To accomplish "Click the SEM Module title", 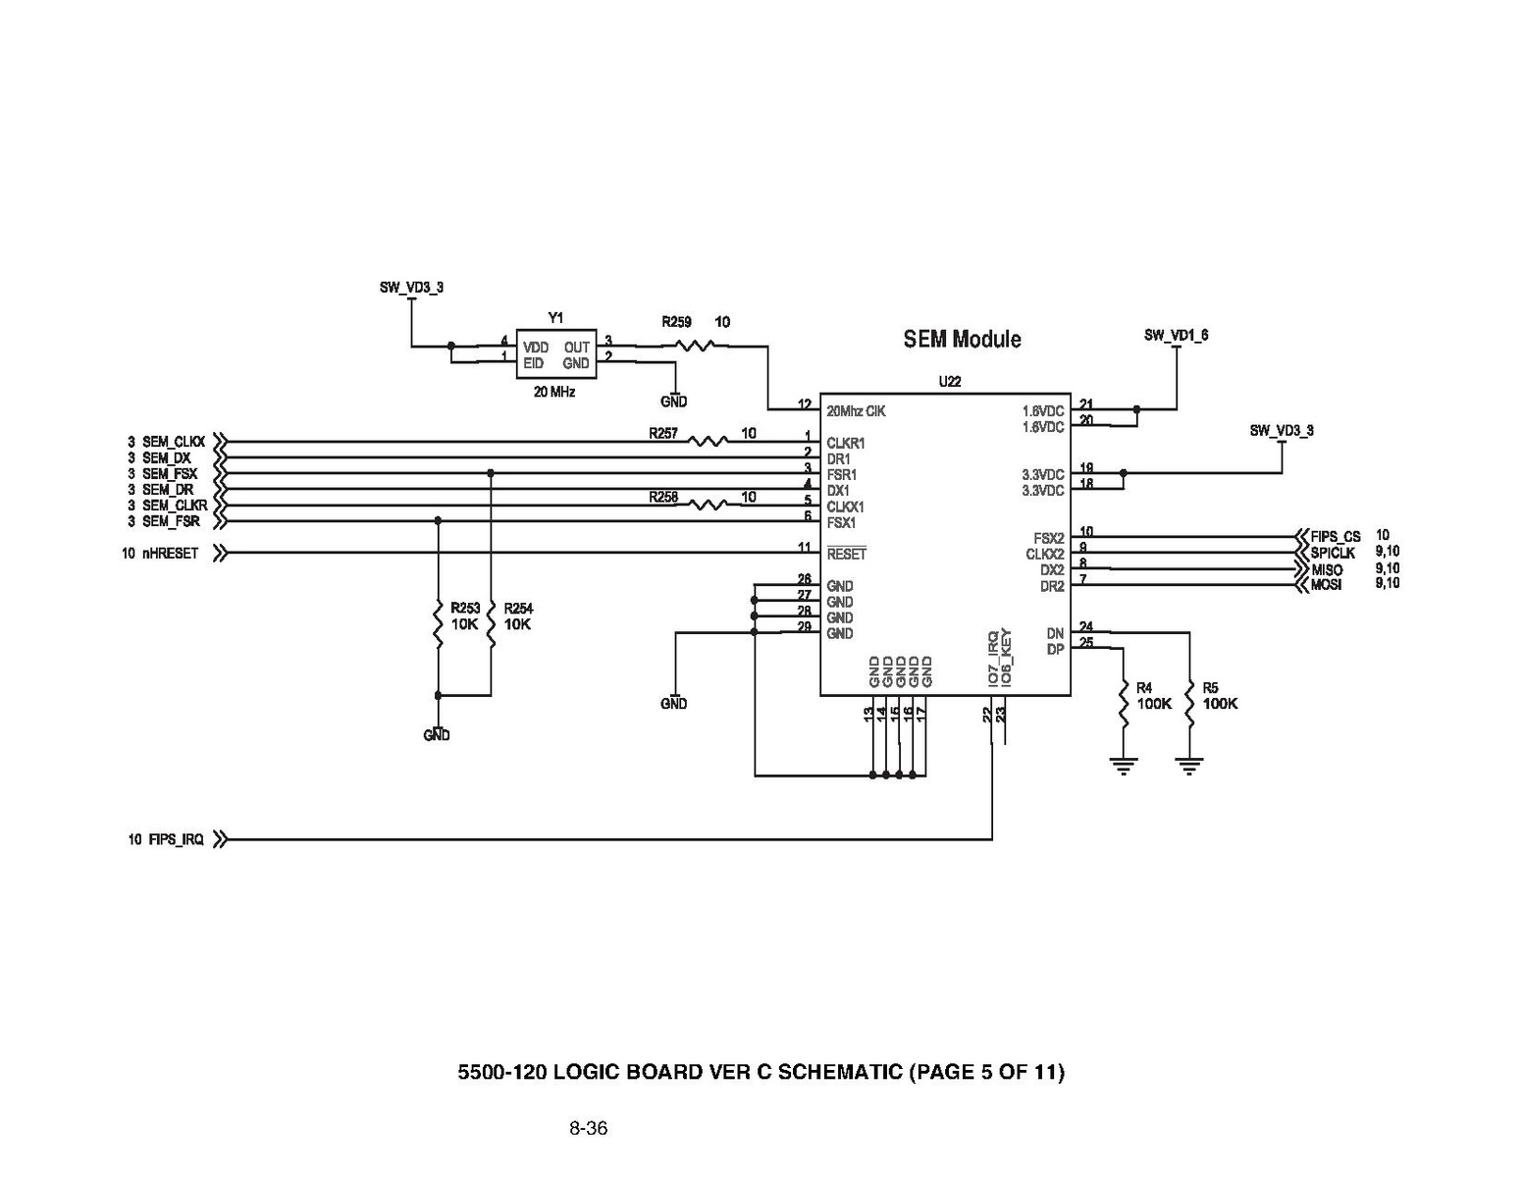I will point(962,339).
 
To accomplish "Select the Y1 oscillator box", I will point(555,354).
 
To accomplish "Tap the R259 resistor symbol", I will point(696,345).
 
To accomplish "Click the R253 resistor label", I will point(465,609).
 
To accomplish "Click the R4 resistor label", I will point(1144,688).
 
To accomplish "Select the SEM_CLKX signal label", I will point(173,442).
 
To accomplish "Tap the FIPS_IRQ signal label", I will point(176,840).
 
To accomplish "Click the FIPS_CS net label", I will point(1335,537).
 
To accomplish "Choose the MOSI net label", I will point(1326,585).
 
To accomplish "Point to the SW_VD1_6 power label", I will point(1176,336).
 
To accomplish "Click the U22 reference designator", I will point(949,382).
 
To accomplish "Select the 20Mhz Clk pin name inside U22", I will point(856,411).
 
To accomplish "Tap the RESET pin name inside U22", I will point(846,555).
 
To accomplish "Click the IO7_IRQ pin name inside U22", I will point(993,659).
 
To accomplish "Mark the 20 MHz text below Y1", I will point(554,392).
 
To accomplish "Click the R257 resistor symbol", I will point(708,442).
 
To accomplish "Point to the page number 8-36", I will point(588,1128).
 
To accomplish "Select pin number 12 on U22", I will point(805,404).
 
